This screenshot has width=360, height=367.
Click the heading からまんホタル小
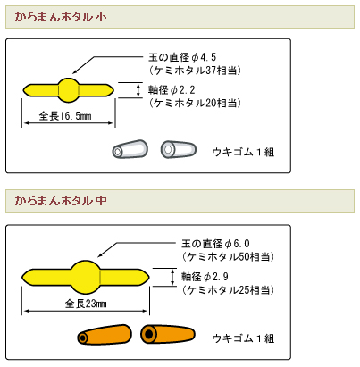(x=61, y=17)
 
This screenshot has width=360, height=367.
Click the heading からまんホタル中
(x=61, y=200)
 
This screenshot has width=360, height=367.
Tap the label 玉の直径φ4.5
(x=182, y=57)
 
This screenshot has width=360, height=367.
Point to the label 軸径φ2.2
(x=172, y=89)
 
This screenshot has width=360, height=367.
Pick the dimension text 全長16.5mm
(x=65, y=116)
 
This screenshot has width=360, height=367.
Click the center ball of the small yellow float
(x=69, y=90)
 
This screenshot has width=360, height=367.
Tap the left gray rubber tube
(x=130, y=149)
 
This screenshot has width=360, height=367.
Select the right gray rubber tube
(x=179, y=149)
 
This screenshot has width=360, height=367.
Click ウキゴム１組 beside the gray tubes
(x=243, y=152)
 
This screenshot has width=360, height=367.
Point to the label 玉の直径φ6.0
(x=215, y=244)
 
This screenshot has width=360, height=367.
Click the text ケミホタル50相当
(x=228, y=256)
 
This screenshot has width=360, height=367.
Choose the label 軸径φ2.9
(x=205, y=277)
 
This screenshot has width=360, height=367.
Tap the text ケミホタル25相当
(x=228, y=289)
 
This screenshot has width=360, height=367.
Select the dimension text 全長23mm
(x=86, y=304)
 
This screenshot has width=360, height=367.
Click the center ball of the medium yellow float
(x=85, y=277)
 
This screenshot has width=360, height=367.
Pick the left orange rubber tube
(x=105, y=335)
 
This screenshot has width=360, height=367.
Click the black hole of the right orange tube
(x=148, y=334)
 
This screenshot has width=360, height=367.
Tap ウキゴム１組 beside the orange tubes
(x=243, y=338)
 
